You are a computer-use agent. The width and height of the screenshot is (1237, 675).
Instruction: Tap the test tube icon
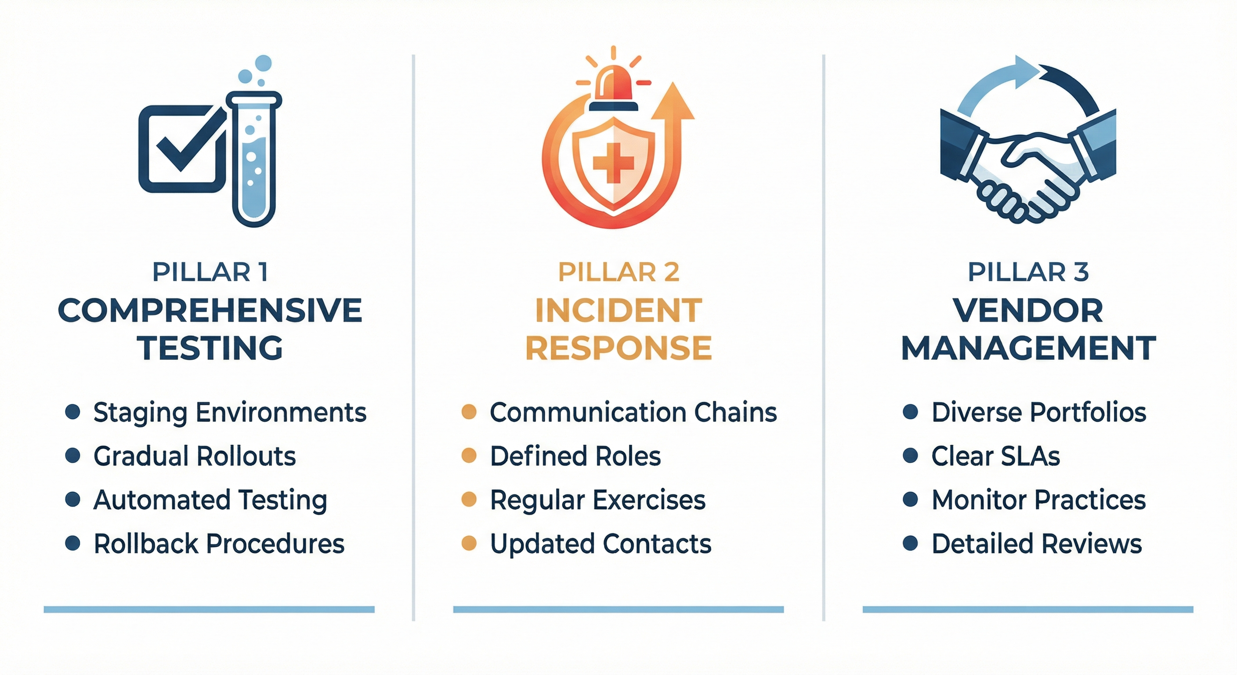pyautogui.click(x=254, y=159)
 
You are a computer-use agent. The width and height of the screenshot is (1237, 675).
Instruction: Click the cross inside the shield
pyautogui.click(x=613, y=163)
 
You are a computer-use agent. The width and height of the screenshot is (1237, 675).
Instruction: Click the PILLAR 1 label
pyautogui.click(x=210, y=272)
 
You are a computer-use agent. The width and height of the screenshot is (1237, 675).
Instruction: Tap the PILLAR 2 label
pyautogui.click(x=618, y=272)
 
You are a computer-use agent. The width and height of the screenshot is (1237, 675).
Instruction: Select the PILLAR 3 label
pyautogui.click(x=1027, y=272)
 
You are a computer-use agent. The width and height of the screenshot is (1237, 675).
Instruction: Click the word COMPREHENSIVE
pyautogui.click(x=210, y=310)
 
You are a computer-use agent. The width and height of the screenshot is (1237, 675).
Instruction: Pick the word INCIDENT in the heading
pyautogui.click(x=618, y=310)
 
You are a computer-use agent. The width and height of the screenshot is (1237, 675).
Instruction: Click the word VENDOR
pyautogui.click(x=1027, y=310)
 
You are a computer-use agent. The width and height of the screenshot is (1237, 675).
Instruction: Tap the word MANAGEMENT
pyautogui.click(x=1028, y=348)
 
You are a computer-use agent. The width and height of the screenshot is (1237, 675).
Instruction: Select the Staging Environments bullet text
pyautogui.click(x=230, y=412)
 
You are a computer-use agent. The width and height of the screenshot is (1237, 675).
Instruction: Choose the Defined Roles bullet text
pyautogui.click(x=575, y=456)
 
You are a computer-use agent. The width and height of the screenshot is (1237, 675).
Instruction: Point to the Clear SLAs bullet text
pyautogui.click(x=995, y=456)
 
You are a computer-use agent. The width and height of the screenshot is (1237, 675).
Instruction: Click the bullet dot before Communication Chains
pyautogui.click(x=469, y=412)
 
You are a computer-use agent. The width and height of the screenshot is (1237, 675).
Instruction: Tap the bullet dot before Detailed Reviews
pyautogui.click(x=910, y=543)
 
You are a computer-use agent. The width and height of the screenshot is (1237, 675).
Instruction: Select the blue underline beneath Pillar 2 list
pyautogui.click(x=618, y=610)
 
